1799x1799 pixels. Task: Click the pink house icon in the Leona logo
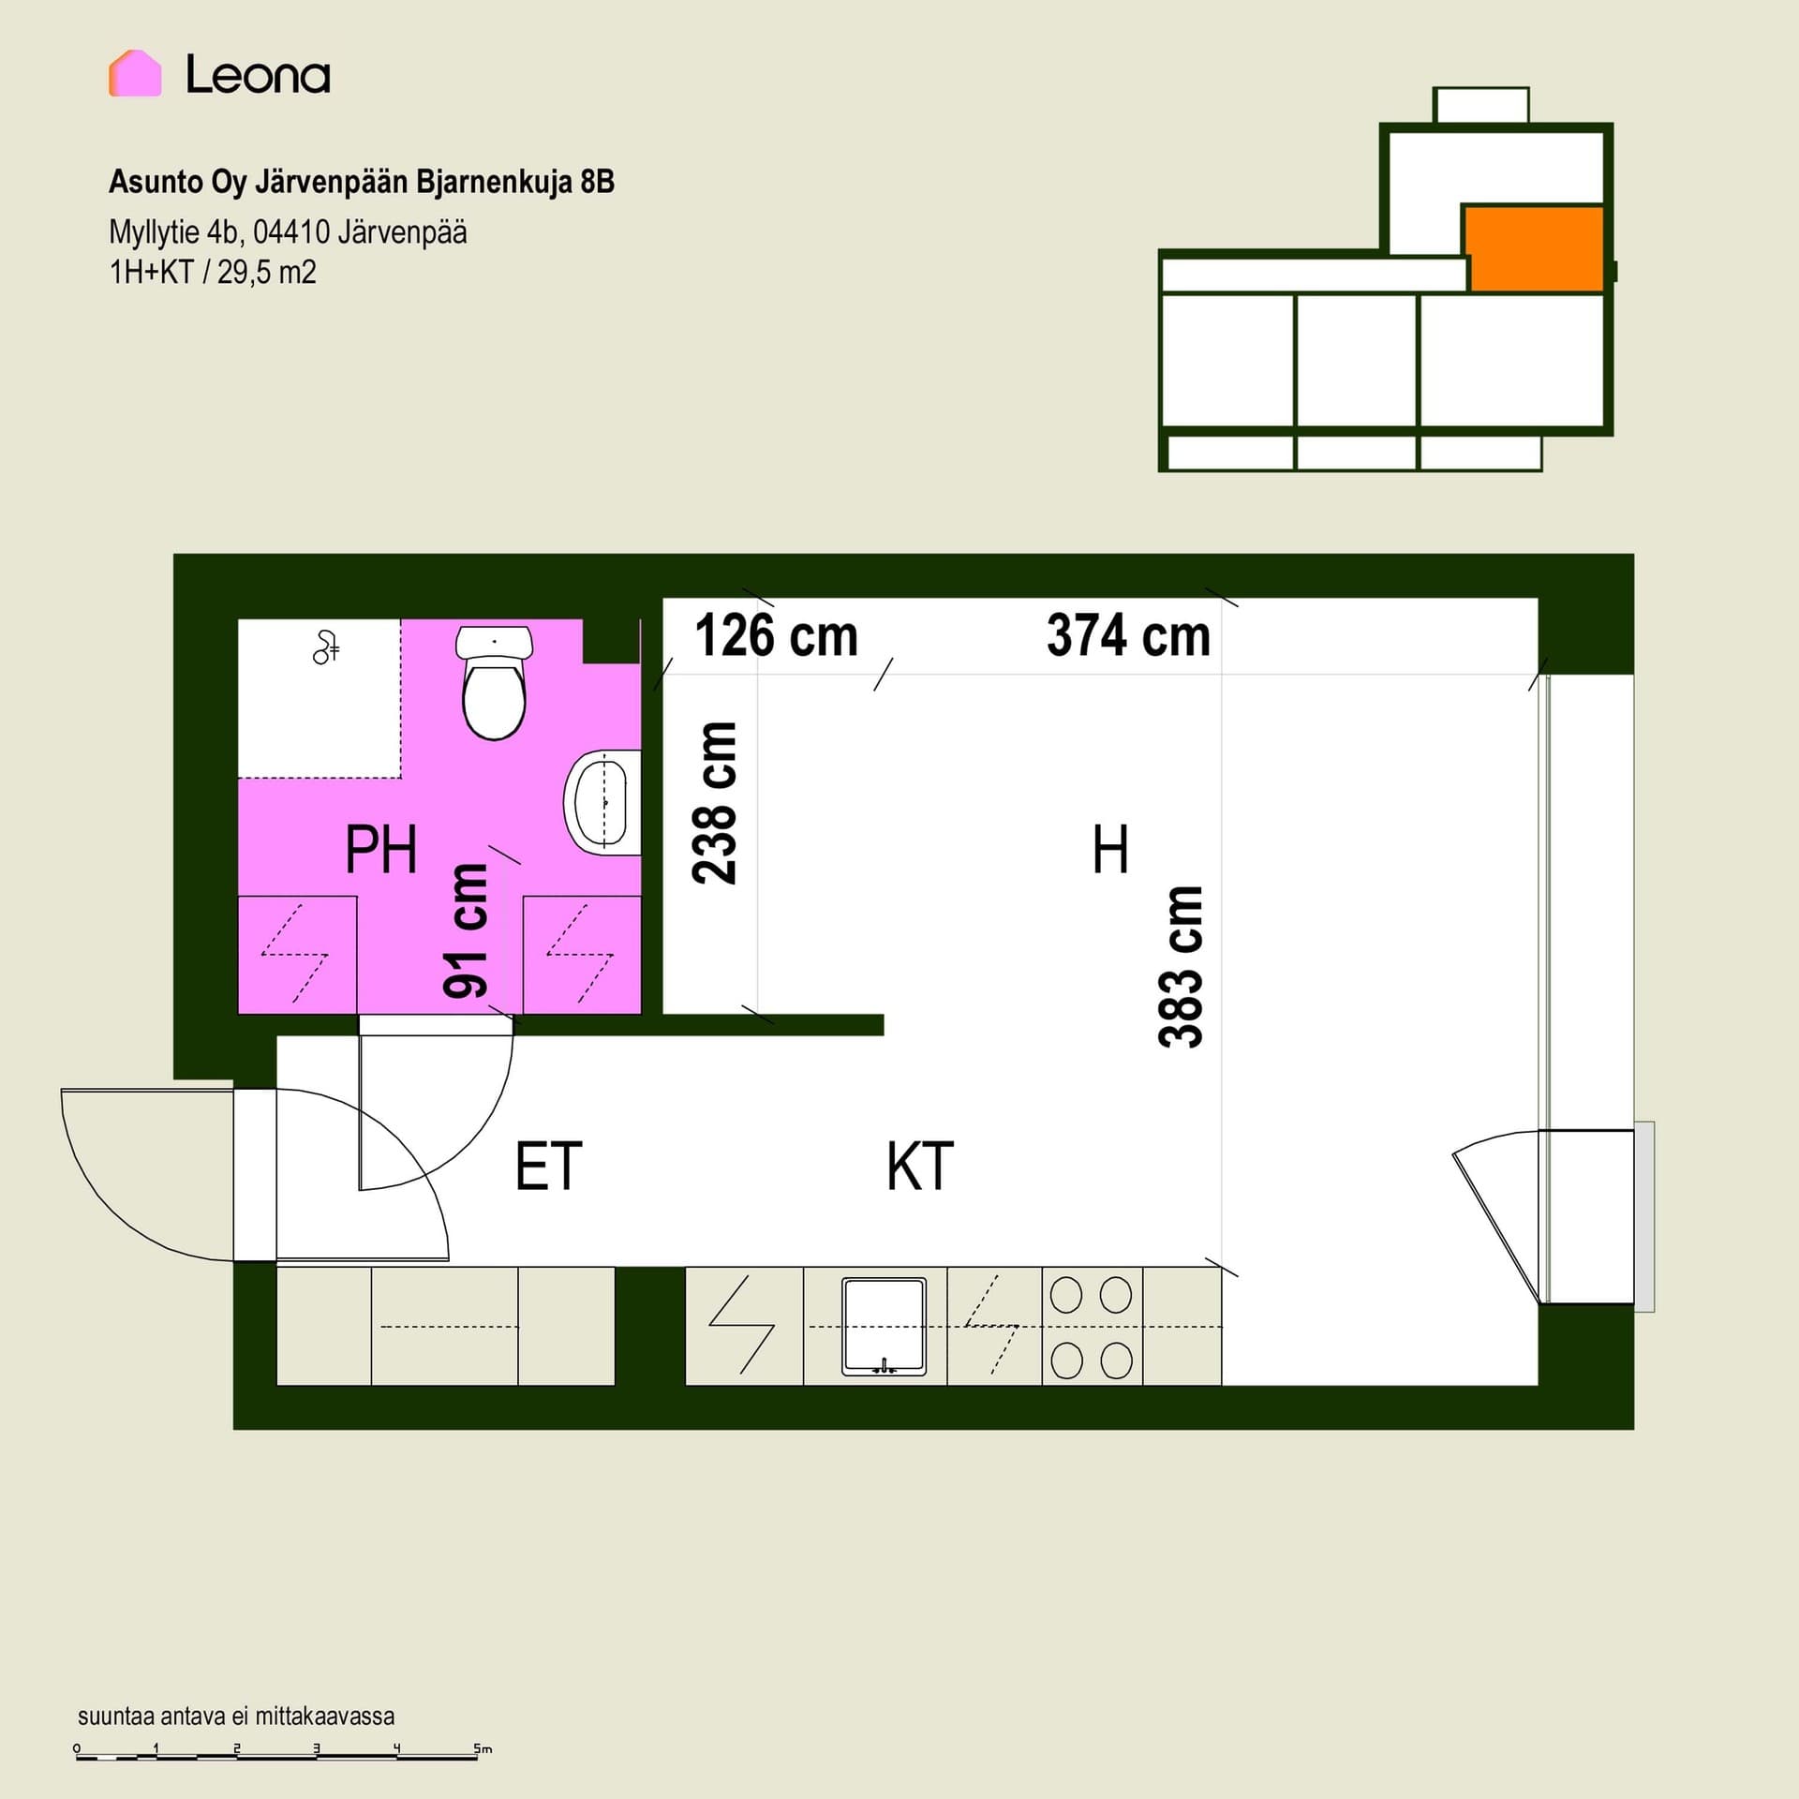click(x=135, y=73)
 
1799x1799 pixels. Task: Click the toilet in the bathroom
click(x=494, y=682)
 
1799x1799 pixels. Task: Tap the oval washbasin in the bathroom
click(x=602, y=802)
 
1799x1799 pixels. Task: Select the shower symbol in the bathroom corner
click(x=325, y=647)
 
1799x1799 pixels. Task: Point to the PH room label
click(x=380, y=849)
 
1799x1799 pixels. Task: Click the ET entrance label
click(x=549, y=1166)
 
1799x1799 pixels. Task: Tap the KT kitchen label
click(x=920, y=1166)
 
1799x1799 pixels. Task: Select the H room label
click(x=1110, y=849)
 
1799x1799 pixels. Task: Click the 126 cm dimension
click(x=777, y=635)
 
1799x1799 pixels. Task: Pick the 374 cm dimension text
click(x=1128, y=635)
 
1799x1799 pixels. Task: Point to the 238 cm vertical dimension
click(x=715, y=803)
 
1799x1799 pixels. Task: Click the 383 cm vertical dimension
click(x=1181, y=967)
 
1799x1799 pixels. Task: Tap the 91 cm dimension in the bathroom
click(x=466, y=930)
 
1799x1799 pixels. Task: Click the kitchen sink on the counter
click(x=884, y=1326)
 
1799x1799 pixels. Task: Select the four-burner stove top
click(x=1092, y=1327)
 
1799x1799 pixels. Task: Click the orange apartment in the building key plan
click(x=1535, y=249)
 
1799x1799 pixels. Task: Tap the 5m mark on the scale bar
click(x=483, y=1748)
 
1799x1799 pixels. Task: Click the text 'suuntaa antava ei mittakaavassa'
click(x=236, y=1717)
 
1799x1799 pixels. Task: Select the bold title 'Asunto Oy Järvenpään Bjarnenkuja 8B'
click(x=362, y=182)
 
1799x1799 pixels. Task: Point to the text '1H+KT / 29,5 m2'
click(x=213, y=273)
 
